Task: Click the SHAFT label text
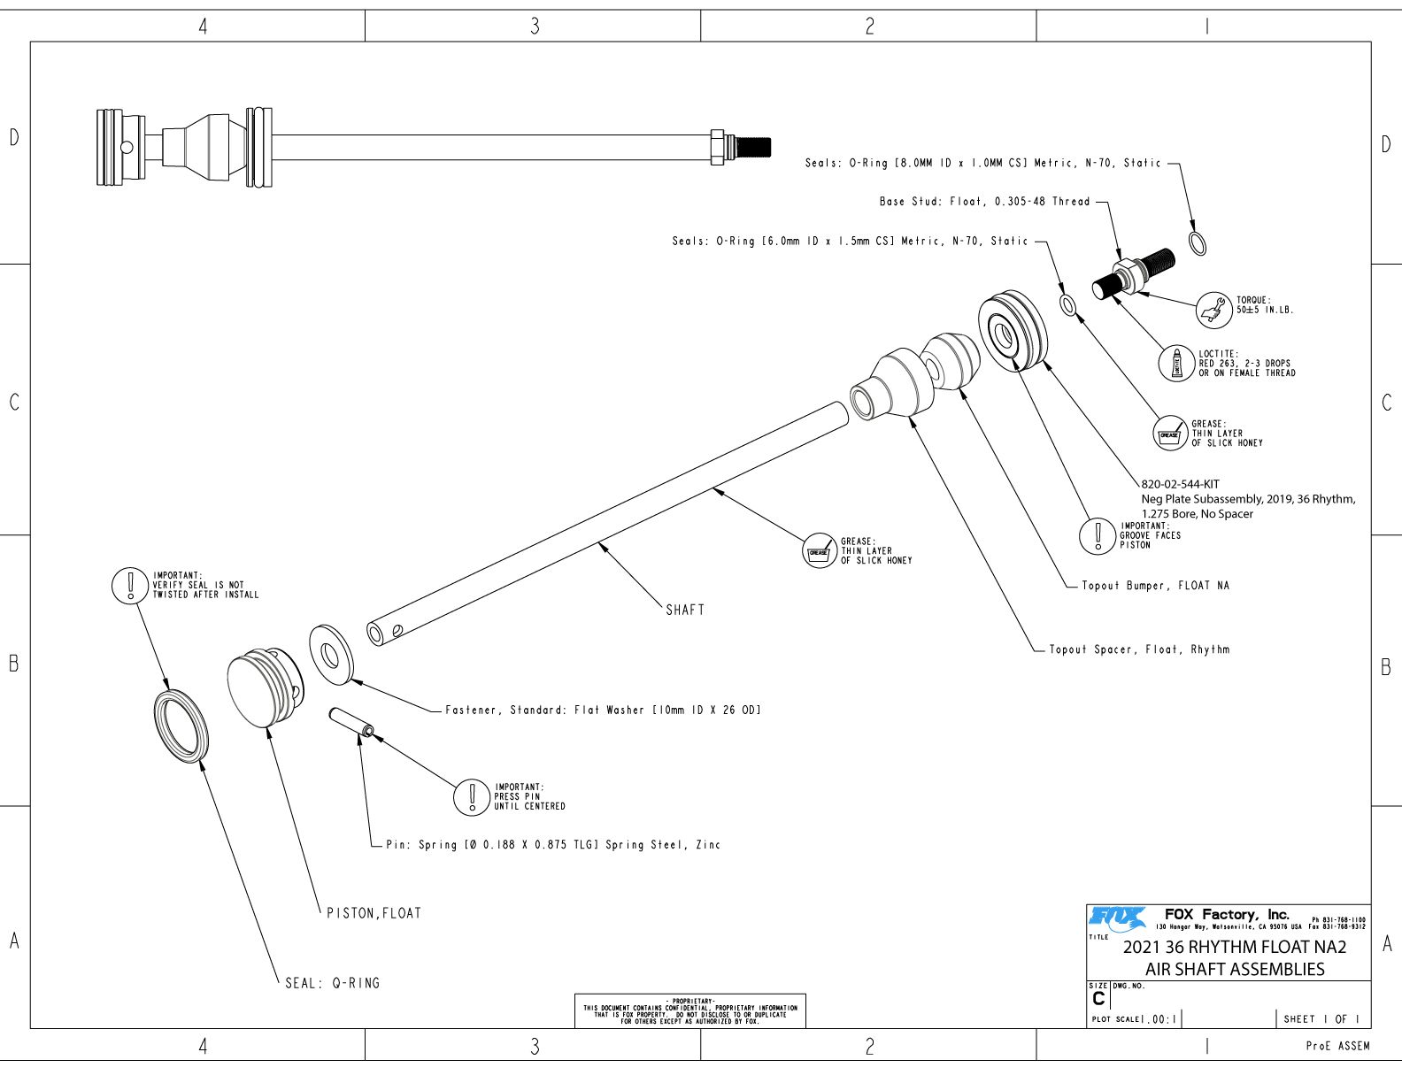point(685,610)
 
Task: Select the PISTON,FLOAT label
point(374,913)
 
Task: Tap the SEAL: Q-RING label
point(332,983)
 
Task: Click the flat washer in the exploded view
point(330,656)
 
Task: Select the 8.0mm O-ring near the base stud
point(1197,242)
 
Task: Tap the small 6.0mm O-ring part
point(1068,305)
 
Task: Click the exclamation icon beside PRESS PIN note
point(472,796)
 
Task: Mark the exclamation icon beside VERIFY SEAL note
point(130,585)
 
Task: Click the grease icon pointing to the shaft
point(819,551)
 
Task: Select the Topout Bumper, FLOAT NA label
point(1155,586)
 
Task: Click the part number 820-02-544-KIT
point(1180,484)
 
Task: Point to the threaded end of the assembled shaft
point(753,145)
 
